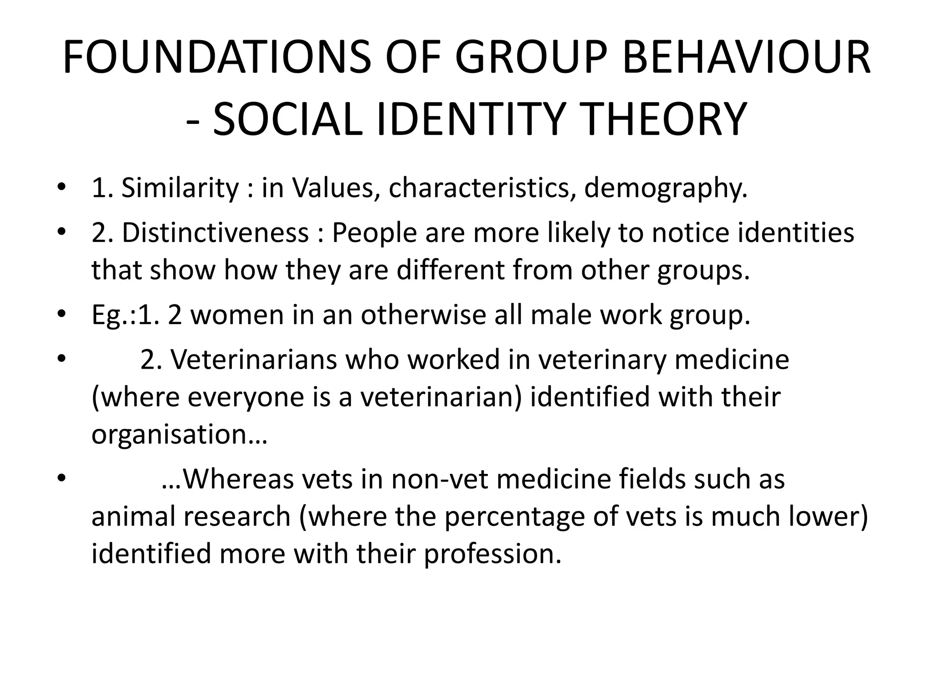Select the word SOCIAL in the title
287,119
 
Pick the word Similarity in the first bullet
179,188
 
